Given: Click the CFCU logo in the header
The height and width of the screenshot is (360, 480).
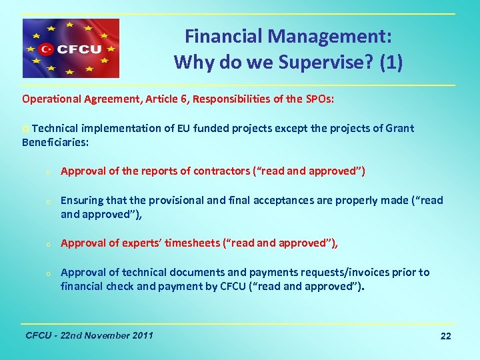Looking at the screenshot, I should pos(71,48).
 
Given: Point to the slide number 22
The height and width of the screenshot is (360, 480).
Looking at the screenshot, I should pos(445,336).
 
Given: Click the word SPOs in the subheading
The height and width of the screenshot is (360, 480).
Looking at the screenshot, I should pos(319,99).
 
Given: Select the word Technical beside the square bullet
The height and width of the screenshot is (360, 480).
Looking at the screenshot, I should pos(54,128).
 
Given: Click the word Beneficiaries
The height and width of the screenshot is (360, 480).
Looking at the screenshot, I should pos(55,142).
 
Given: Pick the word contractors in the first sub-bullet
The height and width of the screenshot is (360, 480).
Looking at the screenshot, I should pos(222,171).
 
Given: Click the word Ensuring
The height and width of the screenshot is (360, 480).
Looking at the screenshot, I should pos(83,200).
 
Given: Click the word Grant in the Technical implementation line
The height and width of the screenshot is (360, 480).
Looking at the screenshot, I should pos(399,128).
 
